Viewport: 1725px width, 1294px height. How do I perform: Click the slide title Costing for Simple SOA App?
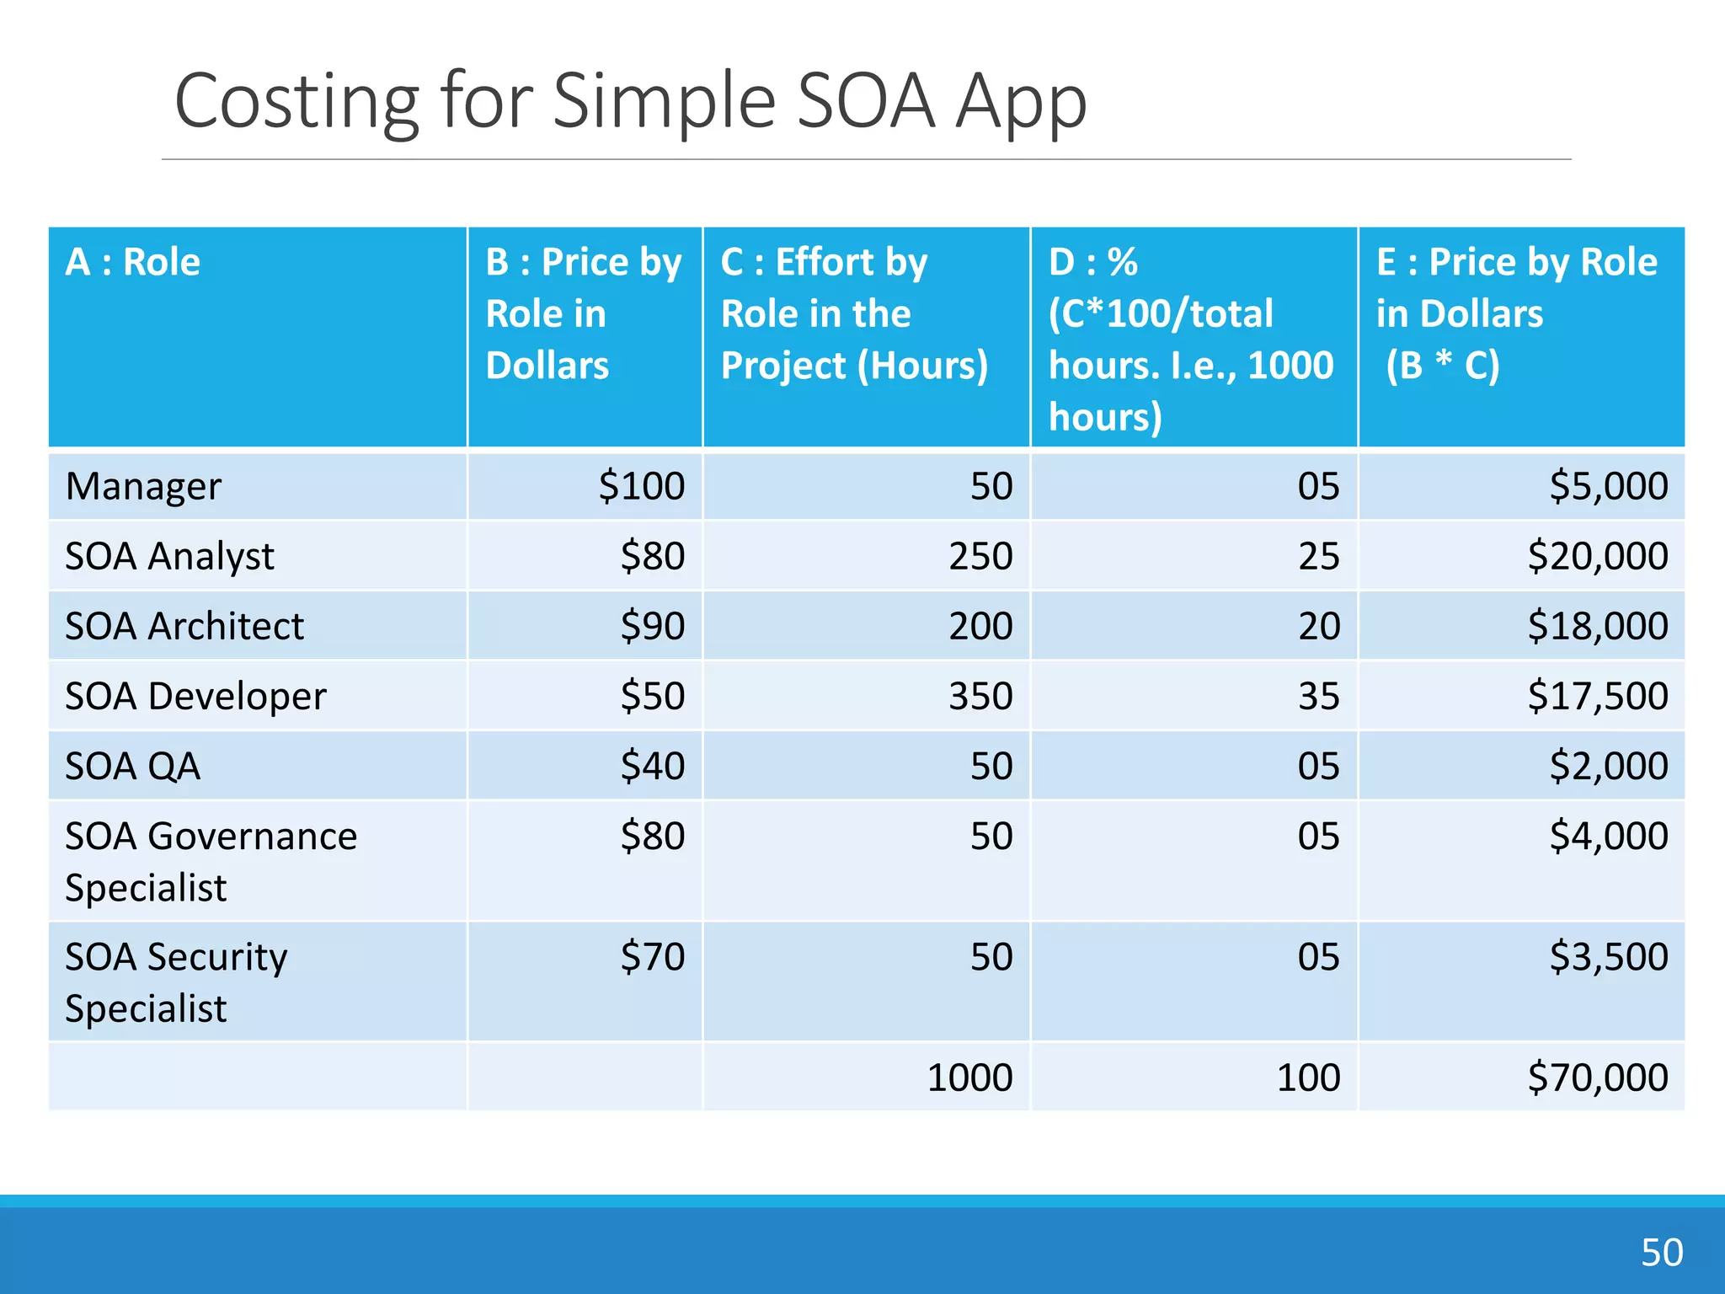(x=630, y=101)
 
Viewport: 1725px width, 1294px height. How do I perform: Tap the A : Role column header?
(x=133, y=262)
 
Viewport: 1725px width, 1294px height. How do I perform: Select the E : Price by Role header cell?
(x=1516, y=313)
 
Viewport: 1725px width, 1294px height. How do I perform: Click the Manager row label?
(x=143, y=487)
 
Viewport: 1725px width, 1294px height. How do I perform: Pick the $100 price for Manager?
(x=642, y=486)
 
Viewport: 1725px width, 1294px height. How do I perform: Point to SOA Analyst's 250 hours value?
(x=980, y=556)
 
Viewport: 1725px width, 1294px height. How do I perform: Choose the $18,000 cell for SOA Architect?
(x=1598, y=626)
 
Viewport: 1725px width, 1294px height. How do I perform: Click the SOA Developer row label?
(x=195, y=697)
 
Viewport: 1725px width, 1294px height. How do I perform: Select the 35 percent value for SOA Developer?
(x=1318, y=696)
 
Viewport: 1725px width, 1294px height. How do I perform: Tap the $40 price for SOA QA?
(x=653, y=766)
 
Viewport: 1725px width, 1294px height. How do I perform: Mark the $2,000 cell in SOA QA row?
(x=1608, y=766)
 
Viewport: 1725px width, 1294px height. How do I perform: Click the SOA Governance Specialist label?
(x=211, y=861)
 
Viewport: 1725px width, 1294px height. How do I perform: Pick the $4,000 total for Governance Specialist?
(x=1608, y=836)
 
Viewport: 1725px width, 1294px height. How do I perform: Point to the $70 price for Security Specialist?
(x=653, y=957)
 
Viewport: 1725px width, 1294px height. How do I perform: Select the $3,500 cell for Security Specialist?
(x=1608, y=957)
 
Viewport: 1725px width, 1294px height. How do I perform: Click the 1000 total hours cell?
(x=969, y=1077)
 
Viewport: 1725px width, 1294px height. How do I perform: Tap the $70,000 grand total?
(x=1598, y=1077)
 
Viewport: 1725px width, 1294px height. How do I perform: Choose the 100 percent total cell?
(x=1308, y=1077)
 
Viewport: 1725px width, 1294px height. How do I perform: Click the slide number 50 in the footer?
(x=1661, y=1252)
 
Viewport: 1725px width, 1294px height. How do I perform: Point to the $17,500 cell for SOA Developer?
(x=1598, y=696)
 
